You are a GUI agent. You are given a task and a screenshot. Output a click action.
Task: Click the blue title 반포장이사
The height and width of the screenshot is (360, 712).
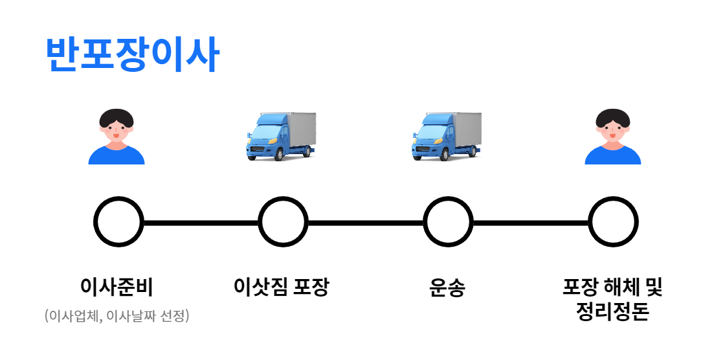[133, 54]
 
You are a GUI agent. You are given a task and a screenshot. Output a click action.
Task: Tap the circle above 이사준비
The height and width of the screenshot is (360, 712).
[118, 222]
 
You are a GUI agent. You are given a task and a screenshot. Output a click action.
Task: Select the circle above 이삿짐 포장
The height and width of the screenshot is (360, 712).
[283, 222]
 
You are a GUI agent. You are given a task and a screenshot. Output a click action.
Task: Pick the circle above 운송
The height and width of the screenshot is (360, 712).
[448, 222]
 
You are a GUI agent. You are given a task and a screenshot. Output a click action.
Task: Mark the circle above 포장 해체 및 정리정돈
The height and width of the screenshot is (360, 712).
[613, 222]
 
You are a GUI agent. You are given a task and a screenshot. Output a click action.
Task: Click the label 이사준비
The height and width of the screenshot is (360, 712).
[117, 286]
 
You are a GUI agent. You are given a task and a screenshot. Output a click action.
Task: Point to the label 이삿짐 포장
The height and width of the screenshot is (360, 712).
[282, 286]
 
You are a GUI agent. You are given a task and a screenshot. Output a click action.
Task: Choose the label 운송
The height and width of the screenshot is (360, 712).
[447, 287]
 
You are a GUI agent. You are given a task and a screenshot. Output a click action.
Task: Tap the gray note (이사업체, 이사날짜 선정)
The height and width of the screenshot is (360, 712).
[117, 317]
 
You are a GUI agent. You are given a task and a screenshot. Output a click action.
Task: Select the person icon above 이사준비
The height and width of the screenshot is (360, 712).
[117, 137]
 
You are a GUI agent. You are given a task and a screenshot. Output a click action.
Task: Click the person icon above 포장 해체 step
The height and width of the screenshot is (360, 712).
[612, 137]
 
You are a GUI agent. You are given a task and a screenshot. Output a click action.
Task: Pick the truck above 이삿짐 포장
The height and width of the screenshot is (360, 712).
[282, 136]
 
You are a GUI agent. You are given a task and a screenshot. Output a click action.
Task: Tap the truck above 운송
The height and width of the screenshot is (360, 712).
[447, 136]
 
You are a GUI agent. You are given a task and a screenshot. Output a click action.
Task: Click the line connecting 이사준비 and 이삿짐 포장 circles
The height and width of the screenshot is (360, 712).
[200, 223]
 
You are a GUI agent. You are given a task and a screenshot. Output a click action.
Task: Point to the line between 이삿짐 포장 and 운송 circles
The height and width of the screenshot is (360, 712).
[365, 223]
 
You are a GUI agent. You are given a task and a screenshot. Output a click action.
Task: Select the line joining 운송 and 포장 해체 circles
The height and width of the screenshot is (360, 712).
[531, 223]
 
